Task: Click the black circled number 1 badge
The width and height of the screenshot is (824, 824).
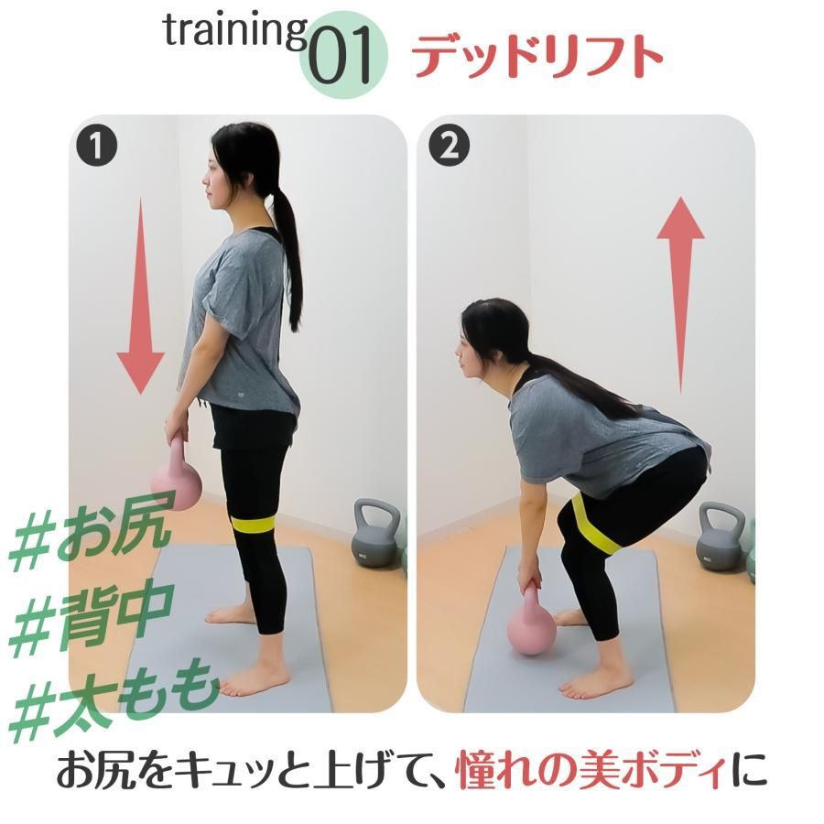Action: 96,146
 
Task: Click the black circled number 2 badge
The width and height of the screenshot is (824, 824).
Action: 449,146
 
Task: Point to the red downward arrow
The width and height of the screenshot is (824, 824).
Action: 141,296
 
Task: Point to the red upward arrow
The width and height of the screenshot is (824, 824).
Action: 680,295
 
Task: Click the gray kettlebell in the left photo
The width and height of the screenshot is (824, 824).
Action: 376,533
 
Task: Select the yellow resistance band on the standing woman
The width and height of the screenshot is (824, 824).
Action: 255,525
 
